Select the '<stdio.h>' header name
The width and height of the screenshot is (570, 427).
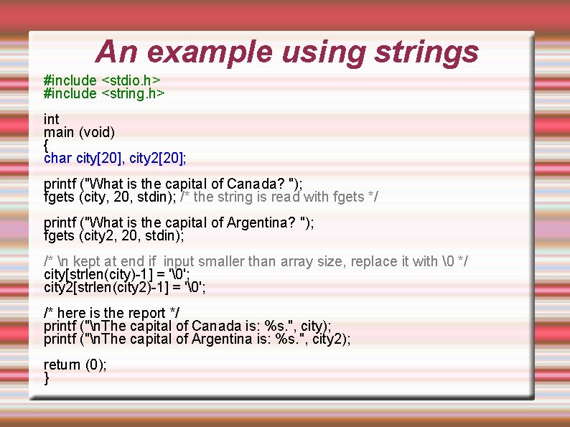click(x=130, y=80)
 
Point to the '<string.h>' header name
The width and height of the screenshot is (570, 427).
click(x=134, y=93)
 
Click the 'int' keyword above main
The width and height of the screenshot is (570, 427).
click(x=51, y=119)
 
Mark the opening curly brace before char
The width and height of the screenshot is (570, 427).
click(x=47, y=145)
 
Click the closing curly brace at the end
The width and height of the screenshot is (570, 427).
click(x=47, y=378)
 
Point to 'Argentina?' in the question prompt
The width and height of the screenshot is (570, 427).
click(x=261, y=222)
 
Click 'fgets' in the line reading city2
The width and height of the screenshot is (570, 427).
click(x=59, y=235)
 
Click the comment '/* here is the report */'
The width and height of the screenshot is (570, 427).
click(x=111, y=313)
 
